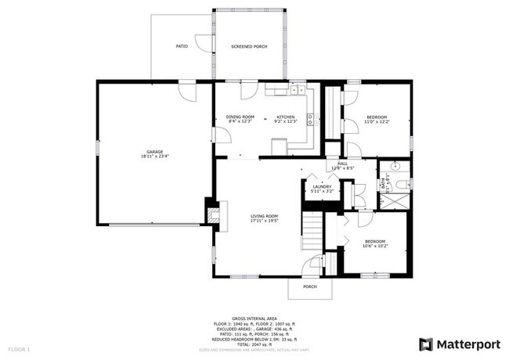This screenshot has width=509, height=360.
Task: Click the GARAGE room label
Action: pyautogui.click(x=154, y=152)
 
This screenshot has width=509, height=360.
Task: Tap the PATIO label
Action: pyautogui.click(x=181, y=47)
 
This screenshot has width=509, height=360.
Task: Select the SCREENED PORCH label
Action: pyautogui.click(x=249, y=47)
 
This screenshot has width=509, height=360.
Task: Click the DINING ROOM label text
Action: pyautogui.click(x=240, y=117)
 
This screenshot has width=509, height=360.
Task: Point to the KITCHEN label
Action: pyautogui.click(x=286, y=117)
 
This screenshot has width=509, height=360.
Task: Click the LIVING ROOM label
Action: pyautogui.click(x=265, y=216)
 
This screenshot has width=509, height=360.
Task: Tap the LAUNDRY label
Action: pyautogui.click(x=322, y=187)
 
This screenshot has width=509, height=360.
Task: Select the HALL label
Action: pyautogui.click(x=342, y=164)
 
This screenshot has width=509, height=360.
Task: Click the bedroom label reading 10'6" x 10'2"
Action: pyautogui.click(x=374, y=243)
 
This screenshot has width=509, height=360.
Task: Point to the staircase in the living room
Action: pyautogui.click(x=312, y=231)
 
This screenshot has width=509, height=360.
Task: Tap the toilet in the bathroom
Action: pyautogui.click(x=402, y=183)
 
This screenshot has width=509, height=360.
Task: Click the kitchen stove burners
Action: pyautogui.click(x=311, y=120)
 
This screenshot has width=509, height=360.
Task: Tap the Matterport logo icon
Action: pyautogui.click(x=426, y=344)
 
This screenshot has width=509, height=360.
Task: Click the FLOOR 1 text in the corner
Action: pyautogui.click(x=19, y=348)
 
